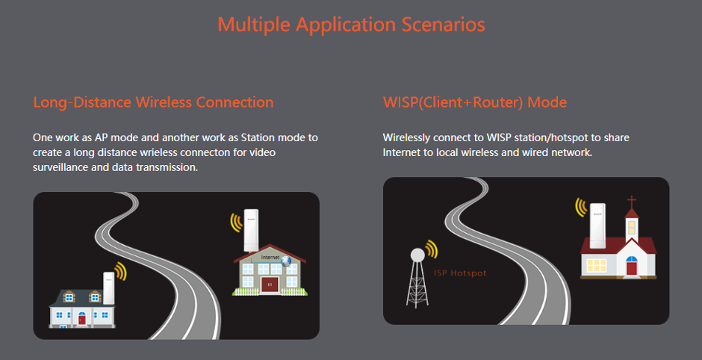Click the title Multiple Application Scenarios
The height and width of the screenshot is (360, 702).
[351, 25]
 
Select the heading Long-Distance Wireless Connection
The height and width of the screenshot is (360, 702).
[153, 102]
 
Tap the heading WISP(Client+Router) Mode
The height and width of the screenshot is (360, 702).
[474, 102]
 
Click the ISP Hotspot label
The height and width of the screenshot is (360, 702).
[460, 273]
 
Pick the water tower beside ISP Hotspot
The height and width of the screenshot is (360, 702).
[417, 278]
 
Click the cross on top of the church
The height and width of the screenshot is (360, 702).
[632, 201]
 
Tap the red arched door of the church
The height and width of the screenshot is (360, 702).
[631, 266]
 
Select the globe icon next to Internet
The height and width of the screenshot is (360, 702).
[285, 261]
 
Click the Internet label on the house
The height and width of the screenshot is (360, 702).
[270, 258]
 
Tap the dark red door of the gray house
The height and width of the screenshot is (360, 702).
[270, 285]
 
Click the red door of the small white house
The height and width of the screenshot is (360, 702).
[81, 319]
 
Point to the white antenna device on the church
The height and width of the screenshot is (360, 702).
[597, 226]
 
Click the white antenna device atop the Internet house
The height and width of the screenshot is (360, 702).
[251, 230]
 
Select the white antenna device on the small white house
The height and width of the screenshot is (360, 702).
[109, 288]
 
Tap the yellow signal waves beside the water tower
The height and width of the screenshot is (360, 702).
[432, 249]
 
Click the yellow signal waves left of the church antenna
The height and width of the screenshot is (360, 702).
[581, 208]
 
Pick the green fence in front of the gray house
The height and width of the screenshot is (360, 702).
[270, 291]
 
